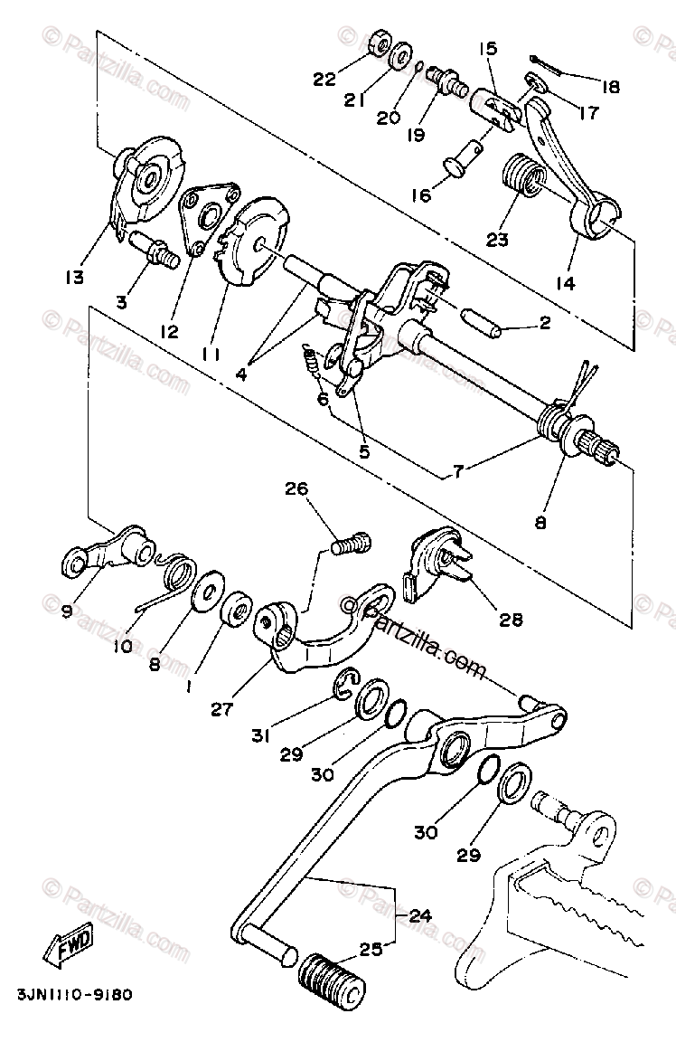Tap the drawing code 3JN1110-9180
[x=75, y=994]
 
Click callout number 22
[x=324, y=79]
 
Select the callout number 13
[x=74, y=277]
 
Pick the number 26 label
[x=296, y=490]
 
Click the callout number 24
[x=418, y=915]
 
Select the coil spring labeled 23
[x=521, y=176]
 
